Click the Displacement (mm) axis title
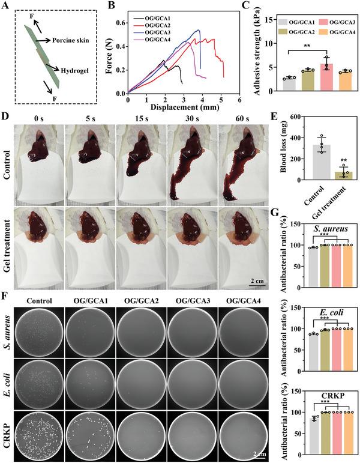(x=183, y=110)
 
